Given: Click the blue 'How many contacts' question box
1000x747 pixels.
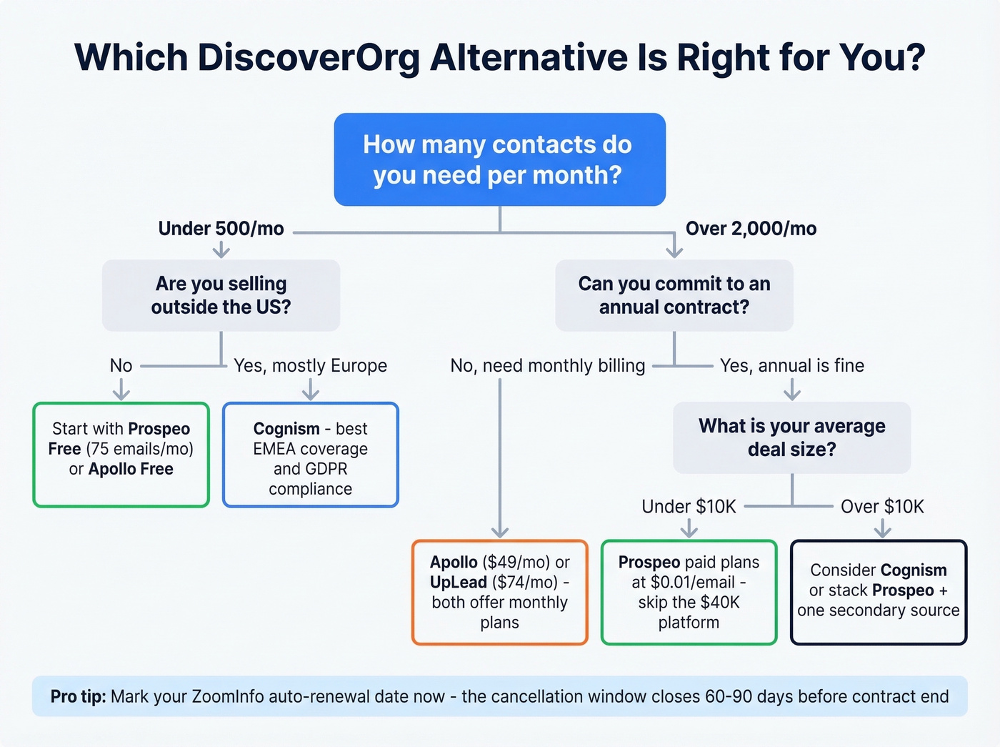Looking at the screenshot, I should coord(499,159).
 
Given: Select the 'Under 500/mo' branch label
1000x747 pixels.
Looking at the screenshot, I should coord(221,229).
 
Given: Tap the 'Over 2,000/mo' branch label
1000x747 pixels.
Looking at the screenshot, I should coord(751,229).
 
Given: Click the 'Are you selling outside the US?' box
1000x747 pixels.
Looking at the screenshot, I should coord(221,295).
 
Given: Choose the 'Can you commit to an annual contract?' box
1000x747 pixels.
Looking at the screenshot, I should coord(674,295).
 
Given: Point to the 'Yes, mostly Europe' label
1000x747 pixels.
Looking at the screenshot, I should coord(310,366).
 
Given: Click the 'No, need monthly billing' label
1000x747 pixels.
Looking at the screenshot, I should coord(547,366).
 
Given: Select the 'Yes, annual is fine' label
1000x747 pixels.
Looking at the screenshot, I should coord(791,366).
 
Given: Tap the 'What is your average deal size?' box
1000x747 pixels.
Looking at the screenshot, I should coord(791,437).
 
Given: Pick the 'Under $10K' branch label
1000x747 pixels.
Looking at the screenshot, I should coord(689,507).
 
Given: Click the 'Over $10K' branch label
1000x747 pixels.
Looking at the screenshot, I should coord(882,507).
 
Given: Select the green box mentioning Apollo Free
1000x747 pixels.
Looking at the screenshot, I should coord(121,455).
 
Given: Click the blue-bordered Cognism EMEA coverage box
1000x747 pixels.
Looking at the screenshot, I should coord(310,455).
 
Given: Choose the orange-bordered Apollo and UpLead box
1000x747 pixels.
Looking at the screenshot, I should coord(499,593).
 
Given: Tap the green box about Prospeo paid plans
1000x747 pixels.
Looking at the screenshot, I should coord(689,593).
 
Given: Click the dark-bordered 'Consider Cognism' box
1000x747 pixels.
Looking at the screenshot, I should coord(879,593).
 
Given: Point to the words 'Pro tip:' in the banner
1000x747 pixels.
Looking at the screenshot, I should coord(78,697).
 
